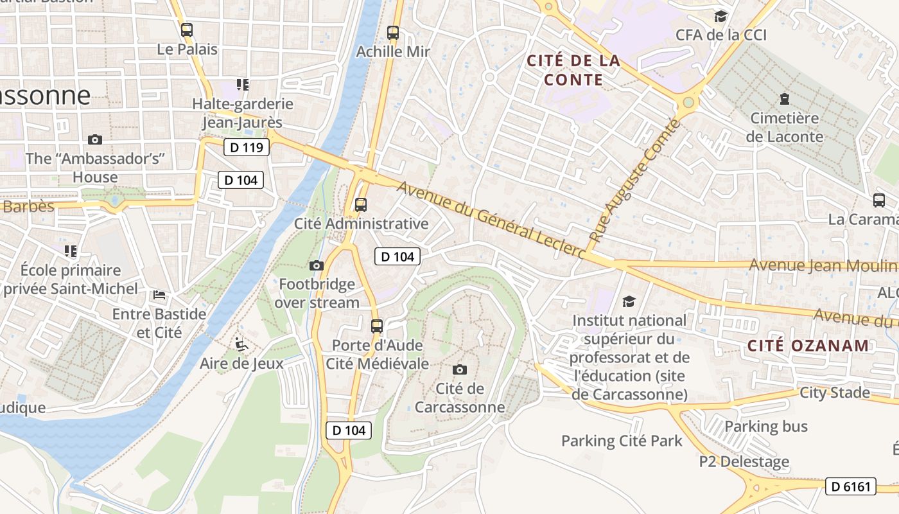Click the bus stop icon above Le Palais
click(187, 30)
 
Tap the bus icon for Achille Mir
click(393, 32)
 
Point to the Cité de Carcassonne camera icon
click(459, 369)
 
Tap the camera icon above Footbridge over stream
click(317, 265)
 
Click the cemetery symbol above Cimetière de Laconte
click(784, 99)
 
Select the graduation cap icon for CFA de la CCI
click(721, 16)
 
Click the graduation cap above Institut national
click(629, 301)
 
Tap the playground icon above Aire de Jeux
click(241, 345)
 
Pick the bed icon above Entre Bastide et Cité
click(159, 295)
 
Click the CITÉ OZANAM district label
click(808, 346)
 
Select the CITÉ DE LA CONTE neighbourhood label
click(573, 70)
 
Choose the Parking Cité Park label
click(622, 441)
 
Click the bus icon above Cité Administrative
click(361, 205)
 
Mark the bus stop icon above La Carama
click(879, 200)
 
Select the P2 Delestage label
click(744, 461)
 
